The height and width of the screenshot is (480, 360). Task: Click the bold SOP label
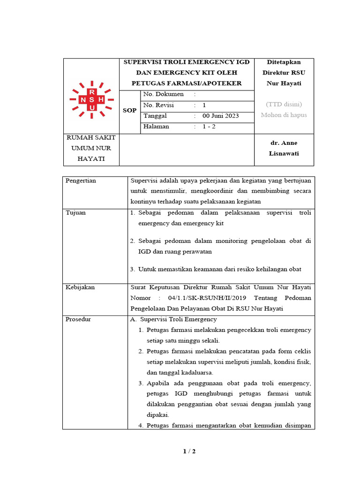coord(130,111)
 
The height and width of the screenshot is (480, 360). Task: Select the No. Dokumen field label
coord(163,94)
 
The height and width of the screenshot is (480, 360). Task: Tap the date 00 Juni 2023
coord(220,116)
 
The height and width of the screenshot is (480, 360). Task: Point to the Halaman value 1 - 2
coord(209,127)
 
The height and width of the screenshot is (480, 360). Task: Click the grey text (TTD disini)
coord(284,104)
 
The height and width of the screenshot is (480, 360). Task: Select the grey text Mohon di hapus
coord(284,115)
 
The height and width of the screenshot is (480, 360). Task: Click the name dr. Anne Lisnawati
coord(284,148)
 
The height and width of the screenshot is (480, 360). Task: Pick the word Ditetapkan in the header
coord(284,62)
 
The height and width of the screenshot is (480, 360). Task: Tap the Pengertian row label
coord(81,180)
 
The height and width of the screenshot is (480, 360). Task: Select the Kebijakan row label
coord(80,287)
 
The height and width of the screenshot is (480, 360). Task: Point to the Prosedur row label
coord(78,320)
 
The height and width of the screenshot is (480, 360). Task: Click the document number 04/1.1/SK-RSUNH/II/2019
coord(213,298)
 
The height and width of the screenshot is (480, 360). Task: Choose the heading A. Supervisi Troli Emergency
coord(173,320)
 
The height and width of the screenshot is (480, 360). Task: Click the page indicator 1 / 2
coord(189,451)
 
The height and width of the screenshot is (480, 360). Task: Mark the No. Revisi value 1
coord(204,105)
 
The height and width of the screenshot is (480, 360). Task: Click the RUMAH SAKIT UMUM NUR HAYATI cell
coord(91,148)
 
